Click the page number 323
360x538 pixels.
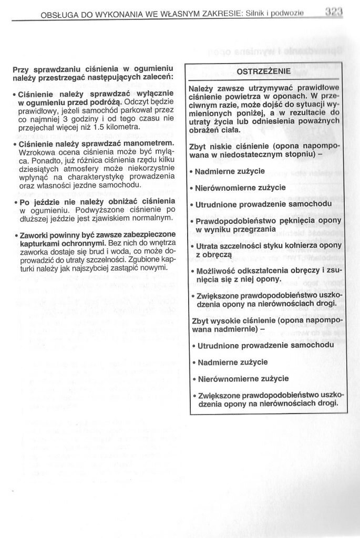333,9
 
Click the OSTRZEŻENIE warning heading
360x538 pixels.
263,71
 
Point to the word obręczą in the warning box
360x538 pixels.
212,254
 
